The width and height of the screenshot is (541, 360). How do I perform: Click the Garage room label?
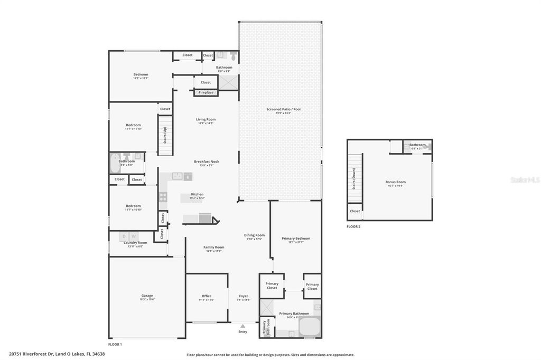146,296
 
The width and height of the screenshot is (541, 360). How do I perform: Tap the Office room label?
207,296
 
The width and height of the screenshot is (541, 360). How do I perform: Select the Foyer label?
244,296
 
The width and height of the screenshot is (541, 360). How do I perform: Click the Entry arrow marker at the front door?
242,327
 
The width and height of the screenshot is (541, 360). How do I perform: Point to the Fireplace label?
206,92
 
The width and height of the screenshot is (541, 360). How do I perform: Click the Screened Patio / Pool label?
283,109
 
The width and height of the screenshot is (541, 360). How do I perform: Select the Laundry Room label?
136,243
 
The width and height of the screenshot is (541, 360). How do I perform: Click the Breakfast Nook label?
207,162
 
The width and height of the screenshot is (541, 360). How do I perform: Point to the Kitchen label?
197,194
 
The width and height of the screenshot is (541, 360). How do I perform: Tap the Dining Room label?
254,235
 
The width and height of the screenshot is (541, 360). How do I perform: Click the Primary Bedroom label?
295,239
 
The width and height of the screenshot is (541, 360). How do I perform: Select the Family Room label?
214,248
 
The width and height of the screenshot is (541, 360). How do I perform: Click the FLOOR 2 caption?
353,226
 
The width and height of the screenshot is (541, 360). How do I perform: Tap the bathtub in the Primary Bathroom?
310,326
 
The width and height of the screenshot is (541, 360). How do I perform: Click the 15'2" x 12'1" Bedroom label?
141,75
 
